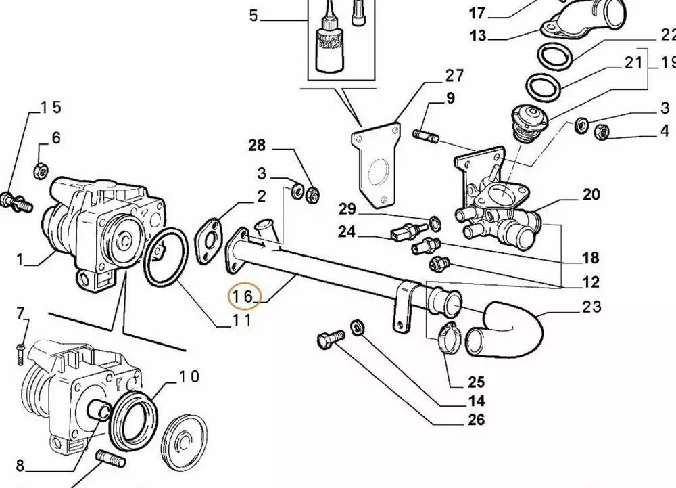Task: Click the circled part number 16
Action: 241,296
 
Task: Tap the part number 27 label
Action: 454,75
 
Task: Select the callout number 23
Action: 591,307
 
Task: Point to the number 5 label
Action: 253,15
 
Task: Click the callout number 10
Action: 189,376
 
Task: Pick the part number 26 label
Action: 475,420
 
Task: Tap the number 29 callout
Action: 347,207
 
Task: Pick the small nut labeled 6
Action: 39,170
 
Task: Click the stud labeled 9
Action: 425,133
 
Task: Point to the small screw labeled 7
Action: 20,348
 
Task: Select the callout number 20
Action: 591,195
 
